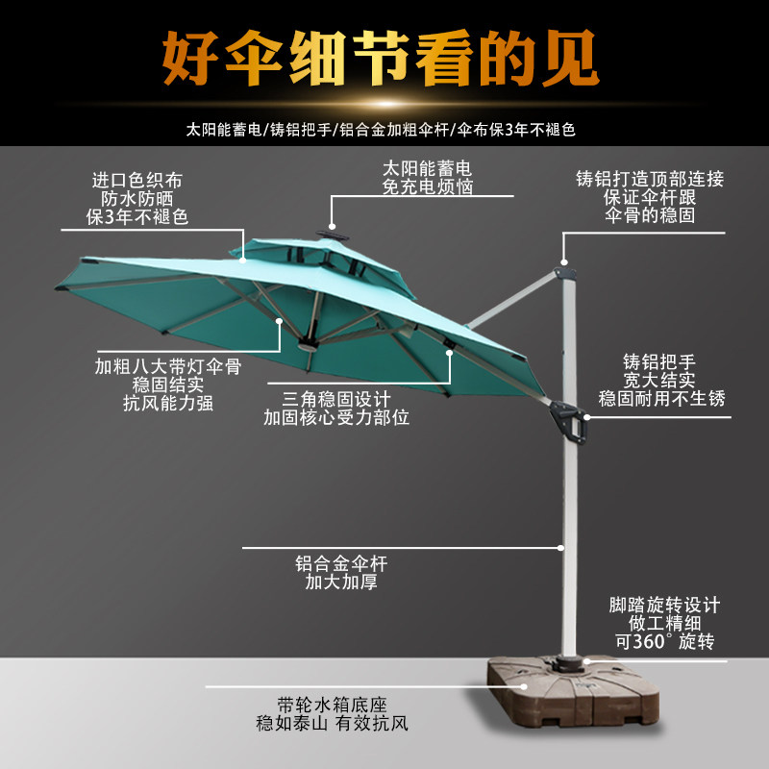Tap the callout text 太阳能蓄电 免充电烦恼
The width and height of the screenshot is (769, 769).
(x=428, y=178)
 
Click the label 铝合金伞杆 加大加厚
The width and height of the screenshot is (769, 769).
(x=340, y=573)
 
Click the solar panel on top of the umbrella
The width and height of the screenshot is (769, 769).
(x=333, y=234)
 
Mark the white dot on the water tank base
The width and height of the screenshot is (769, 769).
(x=524, y=686)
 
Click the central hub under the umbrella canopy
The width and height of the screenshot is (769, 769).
(x=307, y=344)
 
